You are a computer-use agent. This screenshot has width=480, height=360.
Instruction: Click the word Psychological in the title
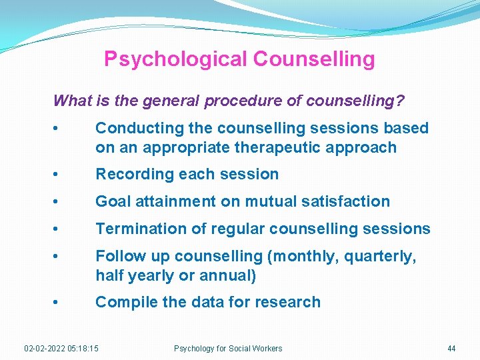coord(175,59)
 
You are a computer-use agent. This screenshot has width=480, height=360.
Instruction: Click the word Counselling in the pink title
coord(314,59)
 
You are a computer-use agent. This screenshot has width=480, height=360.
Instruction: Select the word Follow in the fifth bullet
coord(119,256)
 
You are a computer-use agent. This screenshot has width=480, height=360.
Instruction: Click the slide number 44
coord(451,349)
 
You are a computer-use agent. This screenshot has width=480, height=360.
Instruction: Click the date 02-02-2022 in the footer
coord(45,349)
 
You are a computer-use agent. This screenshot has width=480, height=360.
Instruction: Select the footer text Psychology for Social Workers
coord(228,349)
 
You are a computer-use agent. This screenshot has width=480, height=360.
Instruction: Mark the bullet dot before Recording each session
coord(61,175)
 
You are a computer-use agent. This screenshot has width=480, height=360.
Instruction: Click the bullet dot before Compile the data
coord(61,302)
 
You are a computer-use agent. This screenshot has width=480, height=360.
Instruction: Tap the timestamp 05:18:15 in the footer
coord(83,349)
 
